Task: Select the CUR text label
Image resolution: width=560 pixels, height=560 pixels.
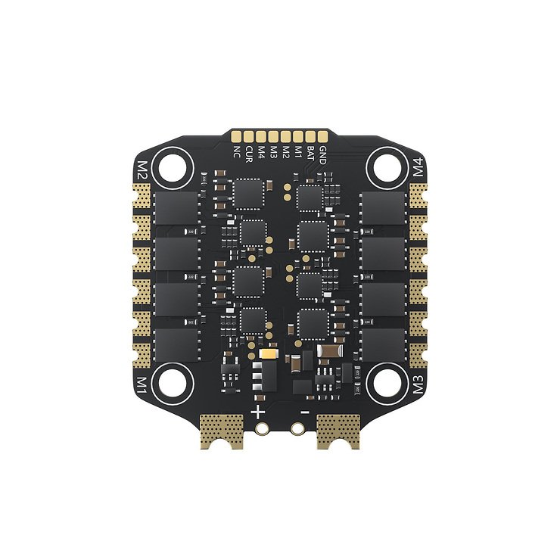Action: pyautogui.click(x=249, y=154)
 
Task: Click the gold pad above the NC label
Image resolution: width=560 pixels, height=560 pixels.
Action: pyautogui.click(x=237, y=137)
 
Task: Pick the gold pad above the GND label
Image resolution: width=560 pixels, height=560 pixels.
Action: pyautogui.click(x=322, y=137)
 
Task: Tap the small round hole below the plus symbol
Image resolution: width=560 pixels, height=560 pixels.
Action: pyautogui.click(x=262, y=429)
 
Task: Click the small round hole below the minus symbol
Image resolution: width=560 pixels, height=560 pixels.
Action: pyautogui.click(x=298, y=429)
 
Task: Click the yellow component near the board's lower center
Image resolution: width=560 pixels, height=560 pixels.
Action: pyautogui.click(x=268, y=353)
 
